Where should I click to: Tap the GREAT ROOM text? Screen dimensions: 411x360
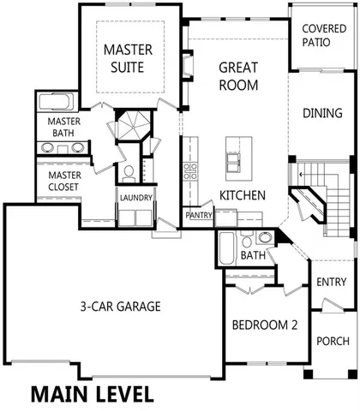[x=238, y=74]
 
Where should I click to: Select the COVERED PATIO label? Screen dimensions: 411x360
[x=324, y=35]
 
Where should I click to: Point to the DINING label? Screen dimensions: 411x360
[x=325, y=113]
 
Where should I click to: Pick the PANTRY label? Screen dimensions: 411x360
[x=199, y=215]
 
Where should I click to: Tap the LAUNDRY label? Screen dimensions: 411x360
[x=136, y=198]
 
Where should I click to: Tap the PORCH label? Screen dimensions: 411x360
[x=332, y=340]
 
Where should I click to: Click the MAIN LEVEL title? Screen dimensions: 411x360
[x=92, y=395]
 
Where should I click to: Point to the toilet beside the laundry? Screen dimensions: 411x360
[x=128, y=174]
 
